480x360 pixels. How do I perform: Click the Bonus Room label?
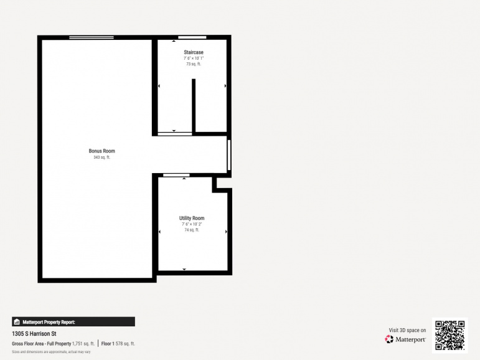coord(101,151)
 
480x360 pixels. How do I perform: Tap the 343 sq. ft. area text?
coord(101,158)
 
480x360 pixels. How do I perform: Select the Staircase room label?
coord(194,52)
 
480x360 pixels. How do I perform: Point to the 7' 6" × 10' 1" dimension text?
coord(194,58)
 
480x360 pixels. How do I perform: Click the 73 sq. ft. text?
coord(194,64)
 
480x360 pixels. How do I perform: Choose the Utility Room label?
coord(192,218)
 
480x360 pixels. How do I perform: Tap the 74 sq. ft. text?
coord(192,230)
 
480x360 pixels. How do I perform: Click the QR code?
coord(449,336)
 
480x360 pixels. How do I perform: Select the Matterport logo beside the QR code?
coord(405,339)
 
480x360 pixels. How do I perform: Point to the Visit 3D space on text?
coord(408,330)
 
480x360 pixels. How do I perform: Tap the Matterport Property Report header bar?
coord(73,322)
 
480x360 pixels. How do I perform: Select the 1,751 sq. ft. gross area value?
coord(83,343)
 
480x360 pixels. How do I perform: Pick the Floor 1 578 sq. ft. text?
coord(118,343)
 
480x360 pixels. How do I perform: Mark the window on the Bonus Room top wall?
coord(92,38)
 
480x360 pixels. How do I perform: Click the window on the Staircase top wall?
coord(192,38)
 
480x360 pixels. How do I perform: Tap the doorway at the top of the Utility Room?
coord(176,175)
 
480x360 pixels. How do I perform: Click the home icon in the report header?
coord(17,322)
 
